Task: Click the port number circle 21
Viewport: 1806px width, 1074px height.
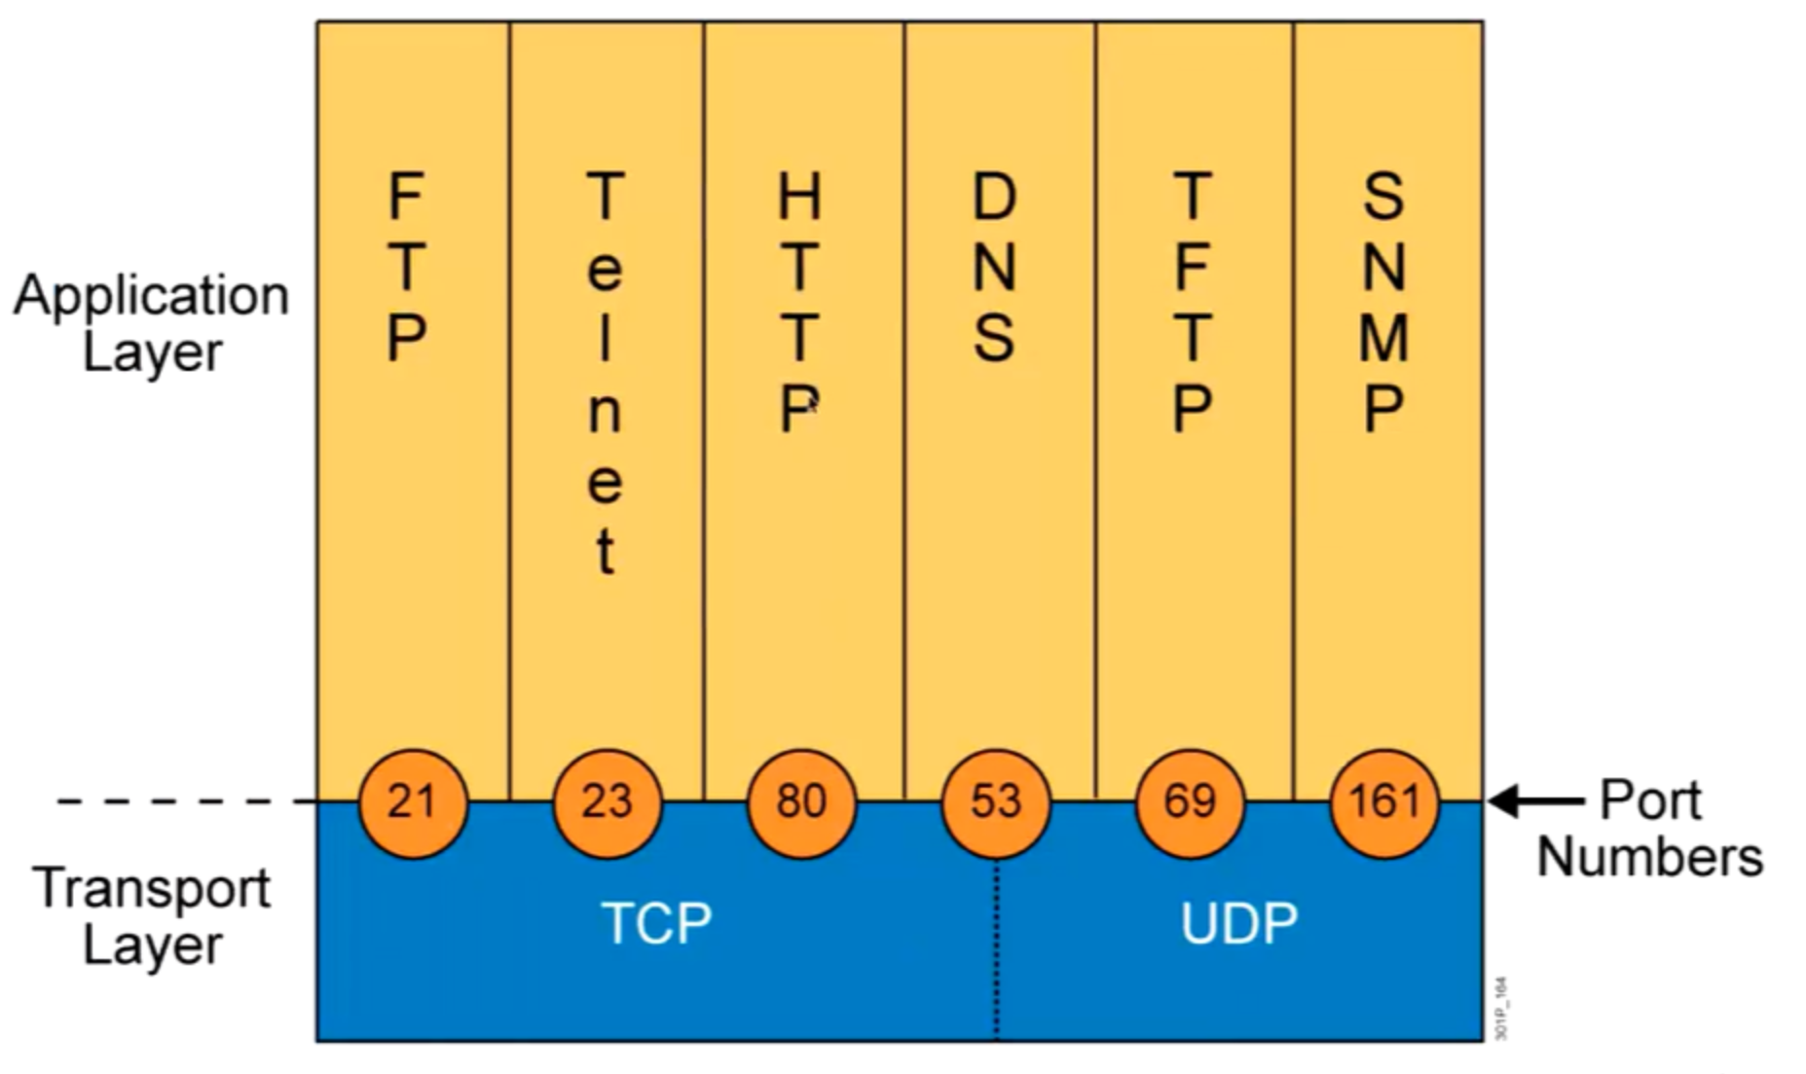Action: click(x=413, y=802)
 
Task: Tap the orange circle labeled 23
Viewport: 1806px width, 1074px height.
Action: click(x=607, y=802)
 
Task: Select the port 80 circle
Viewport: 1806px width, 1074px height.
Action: click(x=801, y=802)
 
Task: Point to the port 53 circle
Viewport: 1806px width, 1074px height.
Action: click(x=995, y=802)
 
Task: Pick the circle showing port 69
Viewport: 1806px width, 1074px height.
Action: click(x=1190, y=802)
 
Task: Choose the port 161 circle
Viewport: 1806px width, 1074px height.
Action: click(x=1383, y=802)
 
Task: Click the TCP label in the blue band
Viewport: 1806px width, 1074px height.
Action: click(x=656, y=922)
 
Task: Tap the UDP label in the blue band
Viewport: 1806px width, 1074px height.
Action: click(x=1238, y=922)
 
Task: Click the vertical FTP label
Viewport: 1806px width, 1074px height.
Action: click(x=406, y=267)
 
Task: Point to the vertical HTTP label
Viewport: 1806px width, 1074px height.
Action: click(x=799, y=303)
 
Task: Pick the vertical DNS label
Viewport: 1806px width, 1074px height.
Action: click(x=994, y=267)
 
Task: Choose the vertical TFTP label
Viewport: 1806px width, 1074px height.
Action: click(x=1192, y=303)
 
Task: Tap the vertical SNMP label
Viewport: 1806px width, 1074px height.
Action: click(x=1383, y=303)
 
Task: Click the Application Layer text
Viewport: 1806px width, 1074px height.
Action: click(x=152, y=322)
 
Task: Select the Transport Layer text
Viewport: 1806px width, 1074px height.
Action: click(x=152, y=916)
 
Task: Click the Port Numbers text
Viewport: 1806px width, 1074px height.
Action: click(x=1649, y=829)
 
